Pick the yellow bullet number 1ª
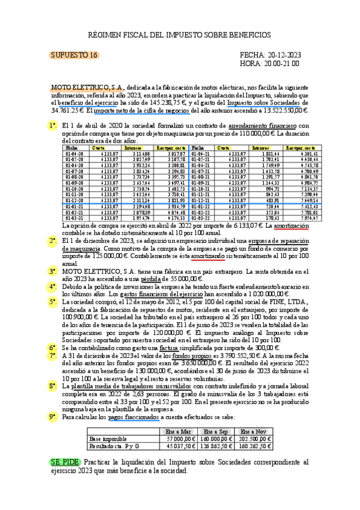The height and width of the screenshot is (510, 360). pos(53,126)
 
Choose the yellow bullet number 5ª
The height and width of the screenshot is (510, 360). pos(53,302)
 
